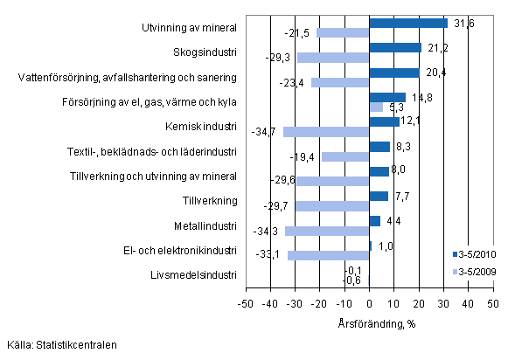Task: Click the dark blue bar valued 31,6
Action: (x=408, y=24)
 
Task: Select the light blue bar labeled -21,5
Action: (x=343, y=33)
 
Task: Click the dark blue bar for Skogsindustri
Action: (x=395, y=48)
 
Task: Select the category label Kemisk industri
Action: (x=202, y=127)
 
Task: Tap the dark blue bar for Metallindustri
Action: (x=375, y=221)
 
